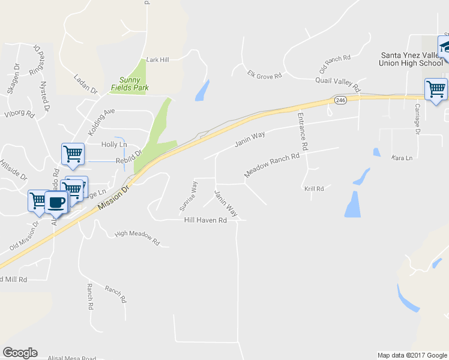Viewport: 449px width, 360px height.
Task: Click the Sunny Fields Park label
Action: click(130, 83)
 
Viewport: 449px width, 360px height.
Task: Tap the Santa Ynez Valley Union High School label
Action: click(412, 59)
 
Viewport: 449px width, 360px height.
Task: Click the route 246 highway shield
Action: click(340, 100)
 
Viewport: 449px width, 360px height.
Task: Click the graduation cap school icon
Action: click(445, 47)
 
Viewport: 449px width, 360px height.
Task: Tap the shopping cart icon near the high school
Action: click(436, 90)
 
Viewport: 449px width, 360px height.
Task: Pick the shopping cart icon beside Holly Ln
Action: click(73, 154)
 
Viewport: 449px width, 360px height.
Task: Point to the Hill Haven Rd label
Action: click(205, 220)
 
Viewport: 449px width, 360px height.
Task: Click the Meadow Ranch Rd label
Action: click(271, 166)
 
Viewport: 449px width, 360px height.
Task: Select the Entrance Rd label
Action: click(303, 133)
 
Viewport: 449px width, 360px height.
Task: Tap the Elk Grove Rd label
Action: click(264, 76)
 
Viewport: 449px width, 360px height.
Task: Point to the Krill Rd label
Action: click(314, 188)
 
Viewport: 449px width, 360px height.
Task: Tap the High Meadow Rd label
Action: click(137, 238)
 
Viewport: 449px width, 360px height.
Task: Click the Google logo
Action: click(20, 353)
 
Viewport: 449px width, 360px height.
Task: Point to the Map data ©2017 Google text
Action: click(411, 355)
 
